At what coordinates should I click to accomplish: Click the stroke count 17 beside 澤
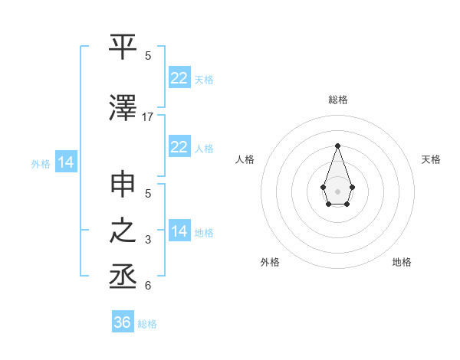click(148, 116)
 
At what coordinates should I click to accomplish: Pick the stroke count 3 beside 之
click(148, 240)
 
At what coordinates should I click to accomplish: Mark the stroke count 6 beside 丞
click(148, 286)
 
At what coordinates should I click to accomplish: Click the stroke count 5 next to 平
click(148, 55)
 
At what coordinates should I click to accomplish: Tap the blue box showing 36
click(123, 322)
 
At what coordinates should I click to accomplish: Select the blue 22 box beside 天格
click(179, 78)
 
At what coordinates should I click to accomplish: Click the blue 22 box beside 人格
click(179, 147)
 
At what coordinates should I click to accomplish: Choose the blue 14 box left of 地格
click(179, 231)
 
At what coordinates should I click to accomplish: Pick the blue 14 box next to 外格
click(65, 162)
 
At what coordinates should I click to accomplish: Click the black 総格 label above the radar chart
click(337, 100)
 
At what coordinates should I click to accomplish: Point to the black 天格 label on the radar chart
click(431, 159)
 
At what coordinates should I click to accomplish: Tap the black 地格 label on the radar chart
click(402, 262)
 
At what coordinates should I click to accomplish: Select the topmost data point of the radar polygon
click(337, 145)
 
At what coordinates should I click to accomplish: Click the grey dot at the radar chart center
click(337, 190)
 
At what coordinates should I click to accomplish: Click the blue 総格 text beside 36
click(147, 324)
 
